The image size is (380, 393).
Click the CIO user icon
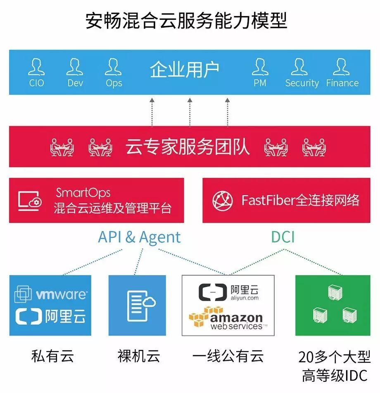point(36,67)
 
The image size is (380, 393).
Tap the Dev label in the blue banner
point(75,83)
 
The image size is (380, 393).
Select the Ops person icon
point(114,67)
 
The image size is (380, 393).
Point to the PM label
point(260,83)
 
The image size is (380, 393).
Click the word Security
point(302,83)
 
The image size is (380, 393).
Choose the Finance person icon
point(342,67)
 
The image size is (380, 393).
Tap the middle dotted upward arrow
point(190,112)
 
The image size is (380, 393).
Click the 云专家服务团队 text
point(188,147)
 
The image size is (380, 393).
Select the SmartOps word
point(83,193)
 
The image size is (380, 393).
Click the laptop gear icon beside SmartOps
point(30,200)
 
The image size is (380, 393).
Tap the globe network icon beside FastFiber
point(223,201)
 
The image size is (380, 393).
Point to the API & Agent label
point(139,237)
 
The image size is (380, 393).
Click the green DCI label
point(283,237)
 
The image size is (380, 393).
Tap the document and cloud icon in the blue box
point(140,305)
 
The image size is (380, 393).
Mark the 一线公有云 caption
point(228,356)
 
